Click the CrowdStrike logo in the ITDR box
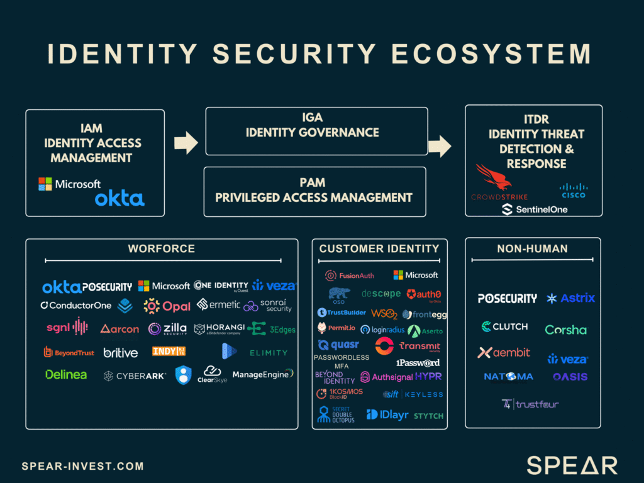(x=499, y=183)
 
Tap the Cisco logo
(x=573, y=190)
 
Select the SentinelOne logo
(x=534, y=209)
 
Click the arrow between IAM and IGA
(x=186, y=143)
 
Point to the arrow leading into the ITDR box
(x=440, y=147)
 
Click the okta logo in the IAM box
(x=119, y=199)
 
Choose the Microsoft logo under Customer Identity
(x=416, y=275)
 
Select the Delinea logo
(x=66, y=375)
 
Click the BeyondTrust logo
(x=69, y=353)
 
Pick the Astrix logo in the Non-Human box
(x=570, y=298)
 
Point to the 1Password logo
(x=418, y=363)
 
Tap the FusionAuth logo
(x=349, y=275)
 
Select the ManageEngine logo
(x=263, y=374)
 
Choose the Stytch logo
(x=428, y=416)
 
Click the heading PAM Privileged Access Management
(x=314, y=191)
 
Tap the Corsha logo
(x=565, y=330)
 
